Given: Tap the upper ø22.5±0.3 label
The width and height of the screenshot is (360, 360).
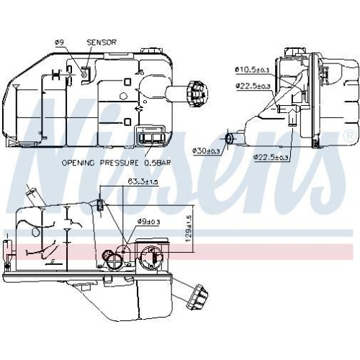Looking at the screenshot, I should [x=253, y=86].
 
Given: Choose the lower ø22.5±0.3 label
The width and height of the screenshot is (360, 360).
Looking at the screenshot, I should [x=271, y=157].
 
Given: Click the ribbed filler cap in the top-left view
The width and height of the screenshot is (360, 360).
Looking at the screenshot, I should [x=194, y=92].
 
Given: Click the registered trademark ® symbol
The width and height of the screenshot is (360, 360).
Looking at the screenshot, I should [x=348, y=135].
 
